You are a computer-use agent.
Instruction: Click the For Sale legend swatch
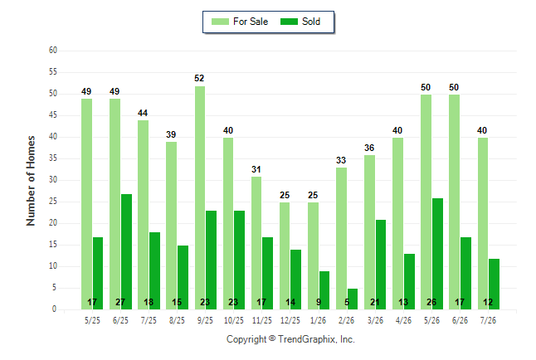[x=220, y=22]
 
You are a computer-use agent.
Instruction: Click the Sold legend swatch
[x=289, y=22]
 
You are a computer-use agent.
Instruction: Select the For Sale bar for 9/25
[x=200, y=198]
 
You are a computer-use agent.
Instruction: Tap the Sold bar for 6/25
[x=126, y=252]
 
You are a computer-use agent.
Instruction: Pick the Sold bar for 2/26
[x=353, y=299]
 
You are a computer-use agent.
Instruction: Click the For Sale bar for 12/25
[x=285, y=256]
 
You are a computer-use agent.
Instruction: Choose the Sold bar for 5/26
[x=437, y=254]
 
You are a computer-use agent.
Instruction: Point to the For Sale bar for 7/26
[x=483, y=224]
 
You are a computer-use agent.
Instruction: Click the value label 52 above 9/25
[x=199, y=78]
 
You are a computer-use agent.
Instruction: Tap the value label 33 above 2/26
[x=341, y=160]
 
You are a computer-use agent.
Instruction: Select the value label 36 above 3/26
[x=369, y=148]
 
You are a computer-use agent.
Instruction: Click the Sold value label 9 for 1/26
[x=319, y=302]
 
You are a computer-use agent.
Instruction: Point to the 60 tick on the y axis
[x=53, y=51]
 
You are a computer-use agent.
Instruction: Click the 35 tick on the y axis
[x=53, y=158]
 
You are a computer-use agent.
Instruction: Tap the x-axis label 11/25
[x=262, y=320]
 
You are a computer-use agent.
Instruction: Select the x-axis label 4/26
[x=403, y=320]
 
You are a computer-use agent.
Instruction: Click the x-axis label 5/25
[x=92, y=320]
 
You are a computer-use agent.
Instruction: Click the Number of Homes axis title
[x=31, y=181]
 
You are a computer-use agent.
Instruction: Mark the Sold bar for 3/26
[x=381, y=265]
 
